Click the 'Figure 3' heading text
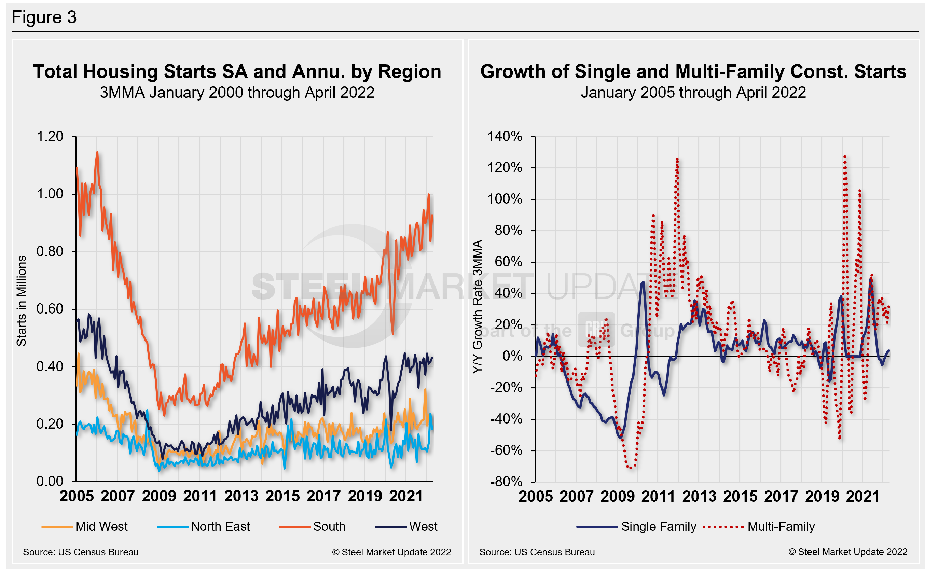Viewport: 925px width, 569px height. click(x=44, y=17)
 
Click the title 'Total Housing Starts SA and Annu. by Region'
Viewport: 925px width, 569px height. click(x=237, y=71)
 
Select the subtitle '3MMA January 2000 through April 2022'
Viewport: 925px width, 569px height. click(x=237, y=93)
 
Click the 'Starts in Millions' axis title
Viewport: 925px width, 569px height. click(x=21, y=301)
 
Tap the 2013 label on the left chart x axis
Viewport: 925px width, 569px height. click(x=241, y=496)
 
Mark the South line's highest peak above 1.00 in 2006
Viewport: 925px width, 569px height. click(x=97, y=152)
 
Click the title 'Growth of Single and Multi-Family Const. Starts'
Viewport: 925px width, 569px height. click(x=693, y=71)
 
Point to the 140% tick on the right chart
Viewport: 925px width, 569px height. click(x=505, y=136)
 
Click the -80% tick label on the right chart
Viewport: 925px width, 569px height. click(x=506, y=482)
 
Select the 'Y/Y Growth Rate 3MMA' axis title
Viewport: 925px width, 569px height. click(x=477, y=307)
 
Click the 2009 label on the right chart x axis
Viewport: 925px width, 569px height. click(x=617, y=496)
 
